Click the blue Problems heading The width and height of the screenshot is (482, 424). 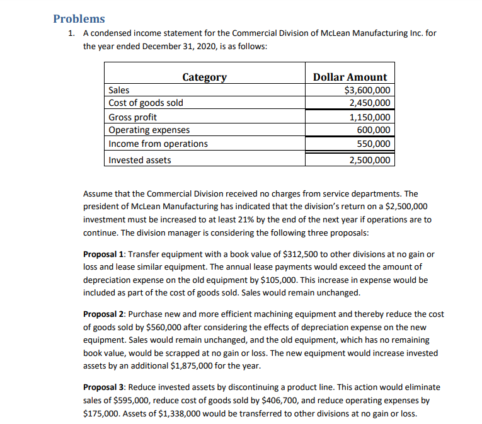[79, 19]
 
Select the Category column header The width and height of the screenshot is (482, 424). [204, 77]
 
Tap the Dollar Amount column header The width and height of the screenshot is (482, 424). [350, 77]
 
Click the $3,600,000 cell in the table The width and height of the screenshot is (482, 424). [367, 90]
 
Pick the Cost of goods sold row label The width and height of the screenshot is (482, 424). [146, 103]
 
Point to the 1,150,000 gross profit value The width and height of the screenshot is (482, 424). [369, 117]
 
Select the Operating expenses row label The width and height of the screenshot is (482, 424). [149, 130]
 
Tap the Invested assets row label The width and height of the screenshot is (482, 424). [139, 160]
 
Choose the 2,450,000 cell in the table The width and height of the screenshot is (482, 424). [369, 103]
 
